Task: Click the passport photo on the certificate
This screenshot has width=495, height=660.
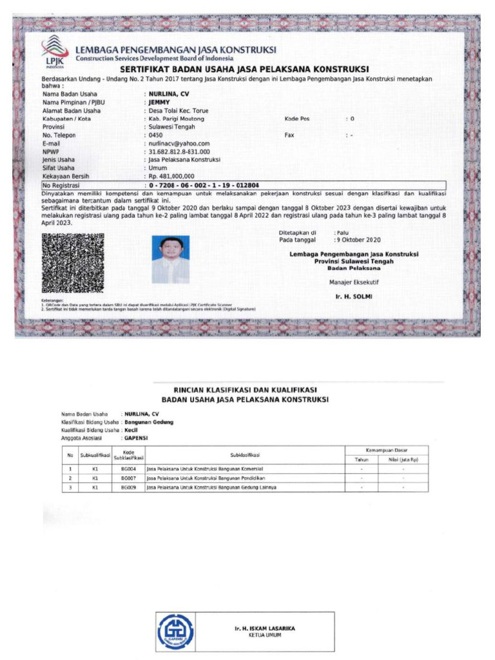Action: [x=171, y=260]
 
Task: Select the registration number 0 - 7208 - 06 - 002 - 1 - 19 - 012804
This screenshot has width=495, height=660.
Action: [x=204, y=185]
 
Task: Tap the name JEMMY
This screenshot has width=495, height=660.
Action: [x=158, y=102]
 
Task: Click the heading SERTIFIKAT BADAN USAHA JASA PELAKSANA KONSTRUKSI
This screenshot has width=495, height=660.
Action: [x=244, y=69]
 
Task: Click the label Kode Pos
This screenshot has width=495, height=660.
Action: [x=297, y=119]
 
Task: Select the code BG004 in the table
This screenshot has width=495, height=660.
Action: [x=128, y=469]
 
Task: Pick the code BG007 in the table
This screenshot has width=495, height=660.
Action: [x=128, y=478]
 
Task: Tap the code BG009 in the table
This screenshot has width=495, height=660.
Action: [x=128, y=487]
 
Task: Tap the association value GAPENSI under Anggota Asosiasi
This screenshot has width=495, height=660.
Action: [x=136, y=437]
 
